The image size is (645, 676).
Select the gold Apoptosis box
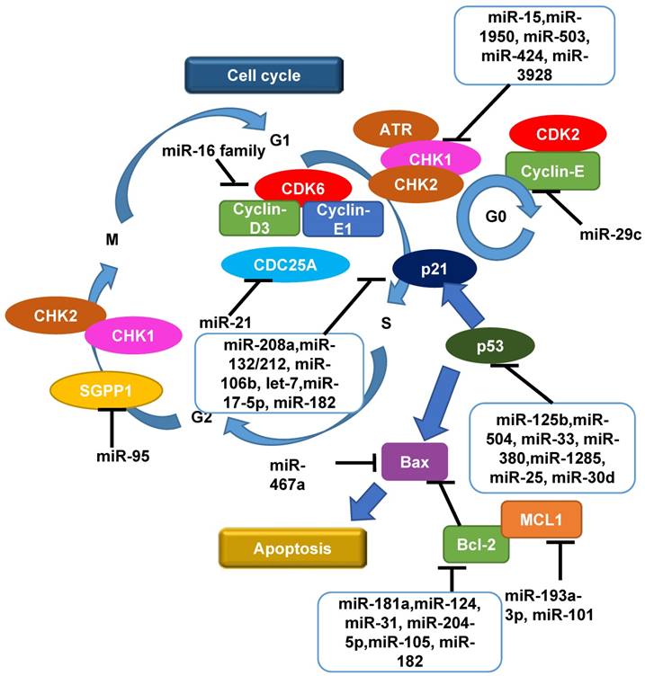tap(293, 546)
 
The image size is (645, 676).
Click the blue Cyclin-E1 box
tap(342, 218)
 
